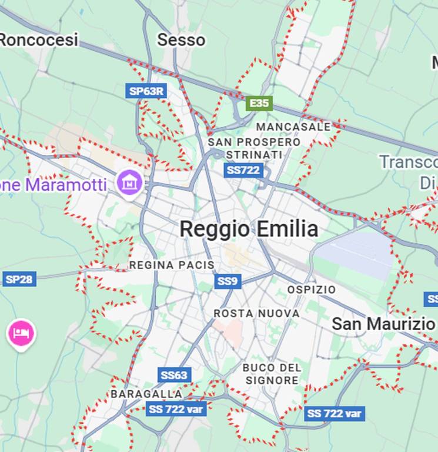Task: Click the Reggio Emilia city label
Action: pyautogui.click(x=249, y=229)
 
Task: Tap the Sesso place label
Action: pyautogui.click(x=181, y=40)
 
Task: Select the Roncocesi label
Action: pyautogui.click(x=39, y=40)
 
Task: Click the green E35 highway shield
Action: pyautogui.click(x=259, y=104)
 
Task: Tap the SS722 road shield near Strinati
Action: pyautogui.click(x=243, y=170)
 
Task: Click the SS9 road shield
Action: pyautogui.click(x=228, y=281)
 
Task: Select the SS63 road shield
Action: pyautogui.click(x=174, y=375)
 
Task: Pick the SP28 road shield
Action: pyautogui.click(x=19, y=279)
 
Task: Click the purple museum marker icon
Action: pyautogui.click(x=129, y=182)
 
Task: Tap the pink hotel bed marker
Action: pyautogui.click(x=21, y=333)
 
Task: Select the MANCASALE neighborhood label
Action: pyautogui.click(x=293, y=127)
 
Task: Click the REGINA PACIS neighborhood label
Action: pyautogui.click(x=172, y=265)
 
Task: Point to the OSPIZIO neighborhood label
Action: pyautogui.click(x=312, y=290)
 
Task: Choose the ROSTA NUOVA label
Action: pyautogui.click(x=256, y=314)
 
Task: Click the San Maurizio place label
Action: pyautogui.click(x=383, y=324)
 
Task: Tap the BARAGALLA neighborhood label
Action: pyautogui.click(x=146, y=394)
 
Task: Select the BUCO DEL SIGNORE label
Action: pyautogui.click(x=272, y=374)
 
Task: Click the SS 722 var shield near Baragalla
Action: pyautogui.click(x=176, y=409)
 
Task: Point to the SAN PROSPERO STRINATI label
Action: pyautogui.click(x=254, y=148)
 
